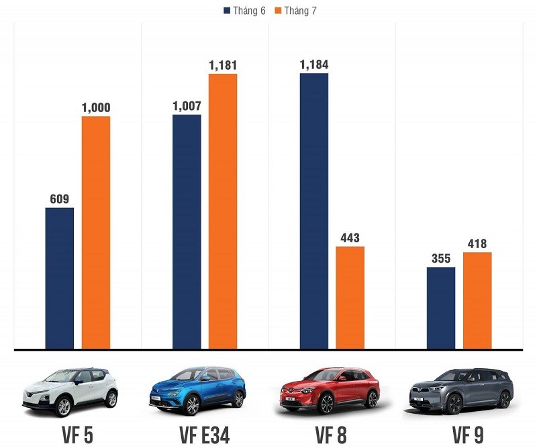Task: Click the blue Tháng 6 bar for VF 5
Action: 60,278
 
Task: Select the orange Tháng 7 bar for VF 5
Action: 96,233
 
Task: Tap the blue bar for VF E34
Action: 187,232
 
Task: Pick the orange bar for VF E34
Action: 223,211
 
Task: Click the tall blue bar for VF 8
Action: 314,211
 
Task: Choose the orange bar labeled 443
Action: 350,298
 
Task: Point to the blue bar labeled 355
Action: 441,308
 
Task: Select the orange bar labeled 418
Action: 477,300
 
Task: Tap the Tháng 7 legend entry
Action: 295,10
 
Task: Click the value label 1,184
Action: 314,65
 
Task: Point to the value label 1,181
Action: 223,65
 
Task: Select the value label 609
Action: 60,199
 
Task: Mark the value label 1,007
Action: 187,106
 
